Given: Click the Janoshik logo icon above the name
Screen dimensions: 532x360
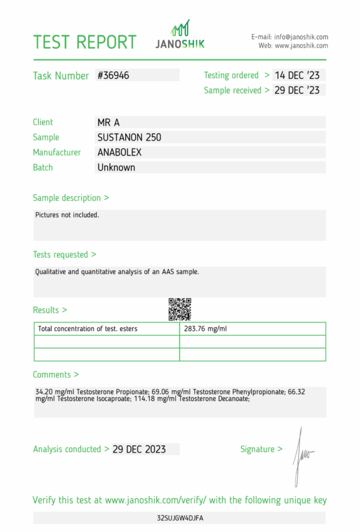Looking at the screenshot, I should click(x=181, y=28).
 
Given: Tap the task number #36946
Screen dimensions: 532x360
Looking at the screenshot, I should click(x=113, y=76).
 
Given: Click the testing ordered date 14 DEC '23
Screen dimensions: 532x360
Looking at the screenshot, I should click(x=297, y=76).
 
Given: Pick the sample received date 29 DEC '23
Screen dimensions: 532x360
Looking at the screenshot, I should click(x=297, y=91).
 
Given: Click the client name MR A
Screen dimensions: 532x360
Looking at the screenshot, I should click(x=109, y=122).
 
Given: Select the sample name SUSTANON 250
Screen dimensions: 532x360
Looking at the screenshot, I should click(x=129, y=138).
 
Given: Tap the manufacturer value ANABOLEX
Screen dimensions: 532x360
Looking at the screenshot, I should click(x=119, y=153).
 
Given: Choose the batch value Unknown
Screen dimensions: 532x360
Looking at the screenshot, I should click(x=116, y=168).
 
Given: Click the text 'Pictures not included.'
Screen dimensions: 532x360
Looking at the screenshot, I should click(x=67, y=214).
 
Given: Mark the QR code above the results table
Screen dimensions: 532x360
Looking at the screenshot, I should click(x=179, y=309).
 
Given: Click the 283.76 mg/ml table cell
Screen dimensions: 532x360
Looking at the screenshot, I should click(x=205, y=329).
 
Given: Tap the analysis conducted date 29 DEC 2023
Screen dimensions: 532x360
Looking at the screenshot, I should click(x=139, y=449).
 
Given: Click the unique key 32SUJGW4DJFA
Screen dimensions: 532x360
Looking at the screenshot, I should click(x=180, y=518).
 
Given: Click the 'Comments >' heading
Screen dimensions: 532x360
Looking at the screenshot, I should click(x=56, y=375).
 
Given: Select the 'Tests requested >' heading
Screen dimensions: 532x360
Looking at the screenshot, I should click(x=64, y=255).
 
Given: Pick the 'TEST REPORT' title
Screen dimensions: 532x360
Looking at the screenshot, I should click(x=85, y=42).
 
